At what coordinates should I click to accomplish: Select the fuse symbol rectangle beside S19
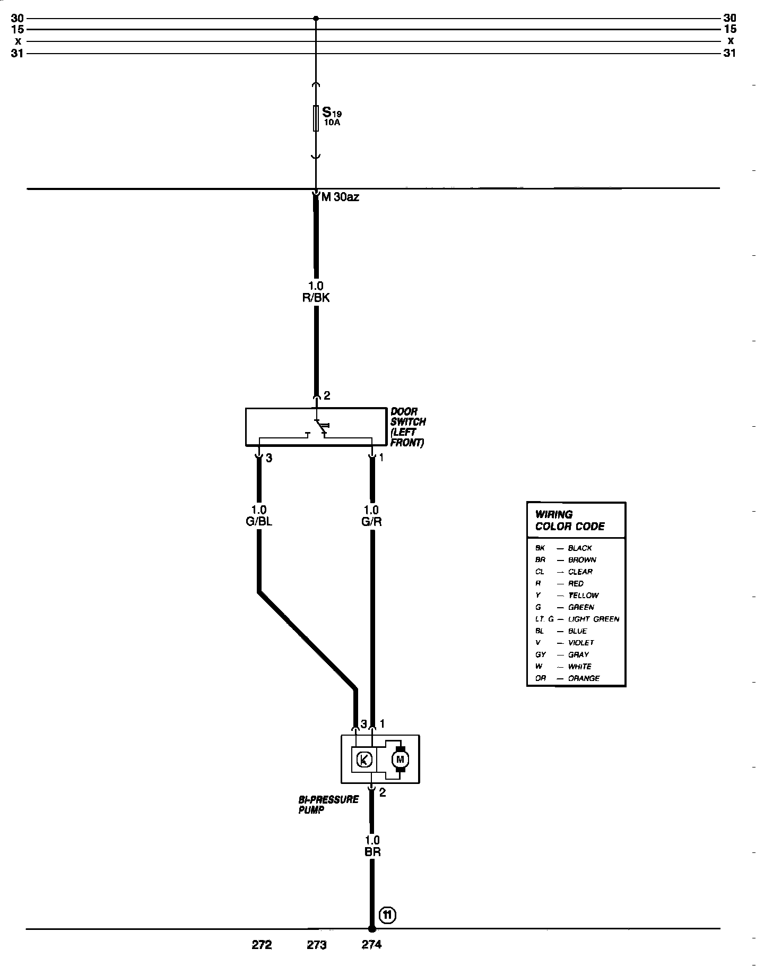click(316, 118)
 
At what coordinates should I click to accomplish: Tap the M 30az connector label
click(340, 197)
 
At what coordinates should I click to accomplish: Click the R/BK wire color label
click(316, 298)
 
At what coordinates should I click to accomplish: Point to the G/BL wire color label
click(259, 521)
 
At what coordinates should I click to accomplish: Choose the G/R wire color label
click(371, 521)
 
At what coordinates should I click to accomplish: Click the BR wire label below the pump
click(372, 852)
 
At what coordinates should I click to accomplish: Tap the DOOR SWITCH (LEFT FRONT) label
click(407, 427)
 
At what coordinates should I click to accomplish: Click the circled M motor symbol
click(401, 760)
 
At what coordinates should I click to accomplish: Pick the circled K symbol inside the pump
click(363, 760)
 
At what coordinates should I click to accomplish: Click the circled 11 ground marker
click(388, 915)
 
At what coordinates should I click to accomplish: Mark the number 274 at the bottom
click(371, 944)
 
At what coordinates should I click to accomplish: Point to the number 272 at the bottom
click(262, 944)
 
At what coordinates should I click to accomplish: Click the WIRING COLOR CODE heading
click(569, 520)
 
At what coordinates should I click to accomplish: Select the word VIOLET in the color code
click(581, 643)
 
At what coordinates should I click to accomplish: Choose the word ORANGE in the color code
click(584, 678)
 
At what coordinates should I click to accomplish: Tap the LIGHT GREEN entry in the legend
click(593, 619)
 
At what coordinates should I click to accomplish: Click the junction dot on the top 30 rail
click(316, 19)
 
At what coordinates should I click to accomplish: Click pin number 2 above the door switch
click(327, 395)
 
